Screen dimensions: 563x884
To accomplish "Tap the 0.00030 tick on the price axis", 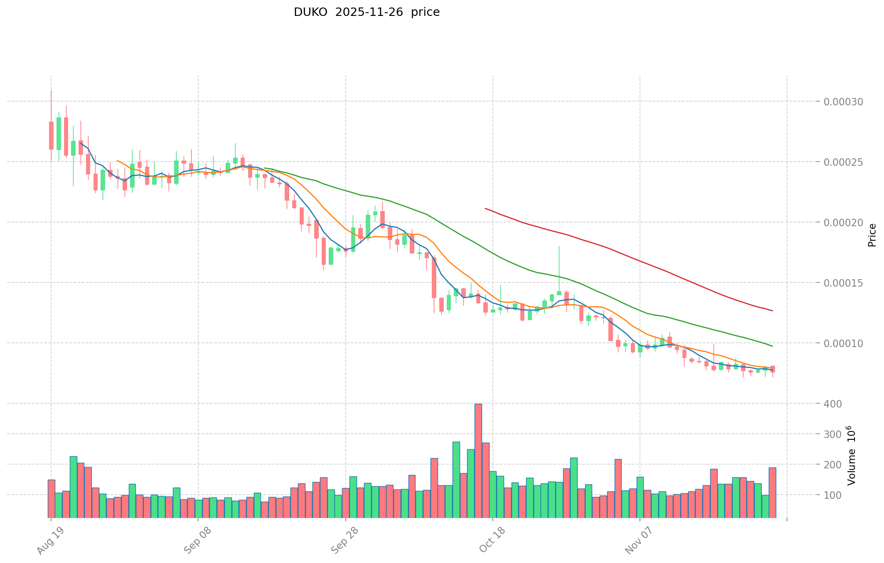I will (x=839, y=102).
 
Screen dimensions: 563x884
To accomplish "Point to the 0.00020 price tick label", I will (x=839, y=222).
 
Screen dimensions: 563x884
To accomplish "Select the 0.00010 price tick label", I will (x=839, y=343).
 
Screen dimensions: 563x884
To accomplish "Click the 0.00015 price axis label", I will (x=839, y=283).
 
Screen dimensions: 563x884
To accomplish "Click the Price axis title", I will (x=872, y=235).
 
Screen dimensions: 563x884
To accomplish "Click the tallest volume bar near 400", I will (x=478, y=460).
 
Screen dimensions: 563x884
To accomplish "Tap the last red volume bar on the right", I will (x=772, y=492).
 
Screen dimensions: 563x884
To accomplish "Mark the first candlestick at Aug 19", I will (x=51, y=135).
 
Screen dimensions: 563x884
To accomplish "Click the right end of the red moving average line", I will (x=773, y=311).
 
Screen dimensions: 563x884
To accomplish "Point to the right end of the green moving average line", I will (x=773, y=346).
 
